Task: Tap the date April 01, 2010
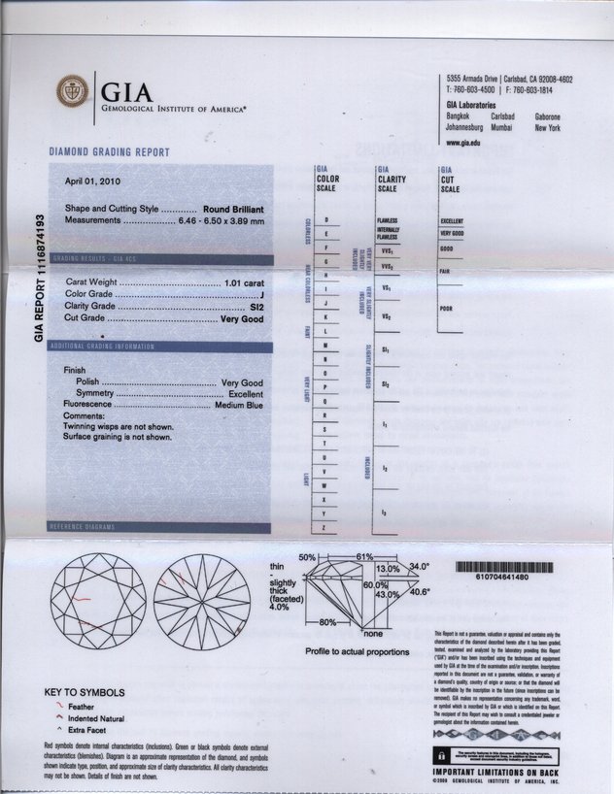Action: point(93,182)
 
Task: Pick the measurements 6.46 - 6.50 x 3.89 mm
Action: point(220,221)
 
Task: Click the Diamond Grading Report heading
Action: point(109,152)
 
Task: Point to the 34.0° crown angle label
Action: point(418,566)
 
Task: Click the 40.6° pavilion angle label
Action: point(421,591)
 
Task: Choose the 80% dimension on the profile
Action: point(327,622)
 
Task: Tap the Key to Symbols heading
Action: point(85,693)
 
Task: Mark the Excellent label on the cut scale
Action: point(452,220)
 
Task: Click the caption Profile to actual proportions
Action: point(357,652)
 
